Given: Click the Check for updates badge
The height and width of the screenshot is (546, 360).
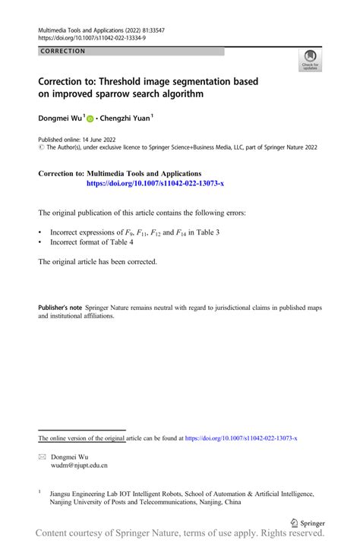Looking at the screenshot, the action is [311, 60].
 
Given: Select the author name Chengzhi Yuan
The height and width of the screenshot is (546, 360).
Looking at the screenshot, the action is [126, 118].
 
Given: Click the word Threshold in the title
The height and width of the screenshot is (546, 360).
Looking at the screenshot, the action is [131, 80].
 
